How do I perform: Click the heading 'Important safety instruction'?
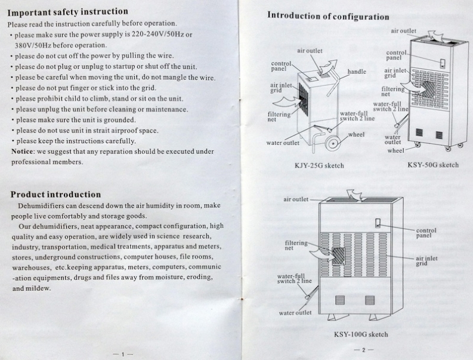tap(67, 11)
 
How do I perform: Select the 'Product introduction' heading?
tap(55, 194)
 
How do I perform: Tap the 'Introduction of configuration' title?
tap(328, 16)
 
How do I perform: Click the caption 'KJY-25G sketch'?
tap(319, 165)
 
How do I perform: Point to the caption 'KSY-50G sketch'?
tap(433, 165)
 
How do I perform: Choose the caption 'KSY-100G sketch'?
tap(361, 334)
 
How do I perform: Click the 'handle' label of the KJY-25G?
tap(357, 72)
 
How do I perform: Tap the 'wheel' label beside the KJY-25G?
tap(356, 134)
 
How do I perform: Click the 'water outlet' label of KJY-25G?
tap(283, 143)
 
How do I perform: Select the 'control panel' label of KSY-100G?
tap(426, 232)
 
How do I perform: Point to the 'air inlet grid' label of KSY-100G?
tap(427, 261)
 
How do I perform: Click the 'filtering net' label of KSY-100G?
tap(296, 245)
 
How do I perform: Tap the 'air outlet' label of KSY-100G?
tap(296, 199)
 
